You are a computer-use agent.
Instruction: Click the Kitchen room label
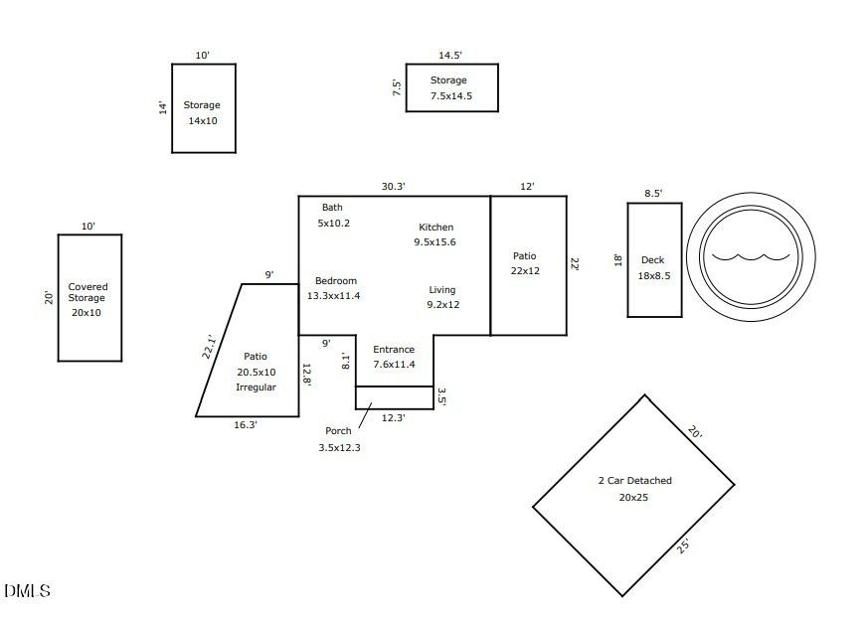click(x=435, y=228)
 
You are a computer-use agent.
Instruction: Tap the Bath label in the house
click(x=332, y=208)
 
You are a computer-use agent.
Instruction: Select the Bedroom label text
click(x=335, y=281)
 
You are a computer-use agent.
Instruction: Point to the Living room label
click(x=442, y=290)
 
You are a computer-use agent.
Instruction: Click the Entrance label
click(x=394, y=350)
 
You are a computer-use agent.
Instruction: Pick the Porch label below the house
click(x=338, y=431)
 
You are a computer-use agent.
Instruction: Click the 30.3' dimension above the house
click(x=394, y=186)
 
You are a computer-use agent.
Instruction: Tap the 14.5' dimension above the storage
click(x=451, y=56)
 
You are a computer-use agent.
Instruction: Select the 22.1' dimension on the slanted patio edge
click(x=210, y=346)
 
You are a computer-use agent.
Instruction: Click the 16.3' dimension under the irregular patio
click(x=246, y=425)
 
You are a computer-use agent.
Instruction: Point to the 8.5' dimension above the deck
click(x=653, y=194)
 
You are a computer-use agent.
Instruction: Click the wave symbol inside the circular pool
click(x=751, y=256)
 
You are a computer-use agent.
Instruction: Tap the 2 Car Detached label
click(x=634, y=481)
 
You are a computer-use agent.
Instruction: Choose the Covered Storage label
click(x=87, y=292)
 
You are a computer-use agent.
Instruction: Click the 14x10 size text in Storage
click(x=203, y=121)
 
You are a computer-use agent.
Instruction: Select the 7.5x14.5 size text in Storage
click(x=451, y=96)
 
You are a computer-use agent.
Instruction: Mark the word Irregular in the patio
click(x=256, y=387)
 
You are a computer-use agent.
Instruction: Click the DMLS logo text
click(x=27, y=591)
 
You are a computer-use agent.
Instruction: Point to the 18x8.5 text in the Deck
click(x=654, y=276)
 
